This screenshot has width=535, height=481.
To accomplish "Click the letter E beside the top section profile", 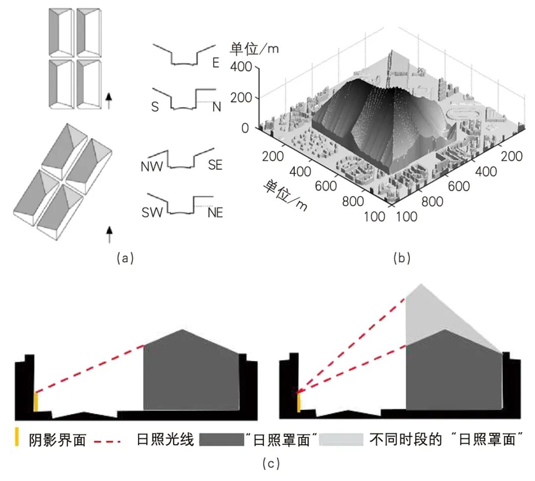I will pos(215,63).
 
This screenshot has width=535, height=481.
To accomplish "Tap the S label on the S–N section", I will pos(155,107).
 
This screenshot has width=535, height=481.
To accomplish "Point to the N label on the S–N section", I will pos(216,107).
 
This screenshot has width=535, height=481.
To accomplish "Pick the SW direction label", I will pos(153,213).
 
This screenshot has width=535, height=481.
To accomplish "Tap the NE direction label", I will pos(215,213).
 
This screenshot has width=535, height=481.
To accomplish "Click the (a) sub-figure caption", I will pos(124,258).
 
